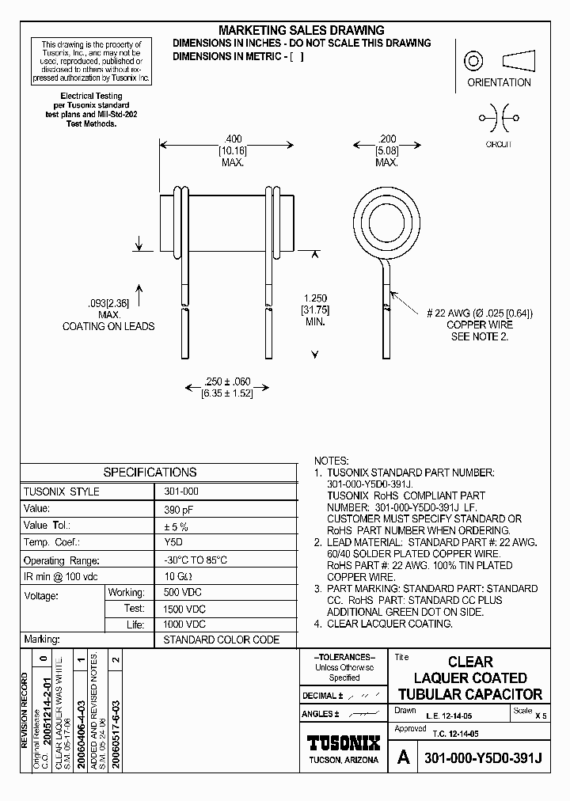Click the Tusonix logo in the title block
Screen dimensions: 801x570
pyautogui.click(x=343, y=743)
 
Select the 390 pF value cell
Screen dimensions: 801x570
pyautogui.click(x=177, y=509)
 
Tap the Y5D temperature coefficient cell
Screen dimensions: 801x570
pyautogui.click(x=173, y=542)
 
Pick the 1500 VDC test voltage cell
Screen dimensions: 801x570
pyautogui.click(x=185, y=608)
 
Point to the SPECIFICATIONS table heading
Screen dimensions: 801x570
pyautogui.click(x=150, y=472)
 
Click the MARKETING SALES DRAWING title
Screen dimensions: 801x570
pyautogui.click(x=301, y=30)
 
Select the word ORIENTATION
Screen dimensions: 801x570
pyautogui.click(x=499, y=82)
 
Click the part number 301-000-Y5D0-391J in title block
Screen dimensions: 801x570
pyautogui.click(x=483, y=757)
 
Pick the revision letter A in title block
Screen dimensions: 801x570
pyautogui.click(x=403, y=757)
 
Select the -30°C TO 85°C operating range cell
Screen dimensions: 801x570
pyautogui.click(x=196, y=559)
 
